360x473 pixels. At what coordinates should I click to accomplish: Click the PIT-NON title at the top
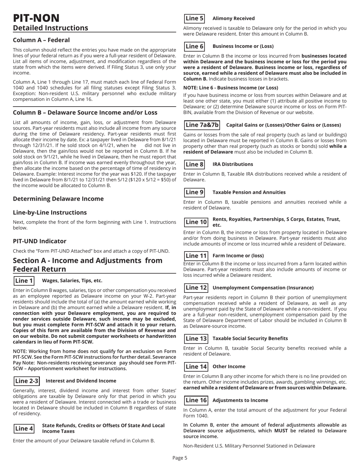[36, 17]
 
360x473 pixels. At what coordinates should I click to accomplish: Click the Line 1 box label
[24, 281]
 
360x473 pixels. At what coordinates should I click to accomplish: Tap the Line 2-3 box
[27, 381]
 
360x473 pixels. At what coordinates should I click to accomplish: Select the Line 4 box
[24, 428]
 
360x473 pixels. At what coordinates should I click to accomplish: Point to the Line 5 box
[194, 18]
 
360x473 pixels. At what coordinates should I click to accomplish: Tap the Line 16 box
[196, 400]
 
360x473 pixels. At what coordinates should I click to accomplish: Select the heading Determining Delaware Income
[58, 198]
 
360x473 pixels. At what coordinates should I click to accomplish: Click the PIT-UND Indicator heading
[40, 241]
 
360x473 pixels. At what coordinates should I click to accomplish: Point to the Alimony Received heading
[233, 18]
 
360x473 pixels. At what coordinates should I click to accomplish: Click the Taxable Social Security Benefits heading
[250, 338]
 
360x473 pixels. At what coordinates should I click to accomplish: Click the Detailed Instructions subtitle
[50, 28]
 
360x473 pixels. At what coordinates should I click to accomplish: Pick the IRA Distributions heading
[233, 164]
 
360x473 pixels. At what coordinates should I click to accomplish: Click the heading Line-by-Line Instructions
[50, 212]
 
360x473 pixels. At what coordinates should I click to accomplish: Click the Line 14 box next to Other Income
[196, 366]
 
